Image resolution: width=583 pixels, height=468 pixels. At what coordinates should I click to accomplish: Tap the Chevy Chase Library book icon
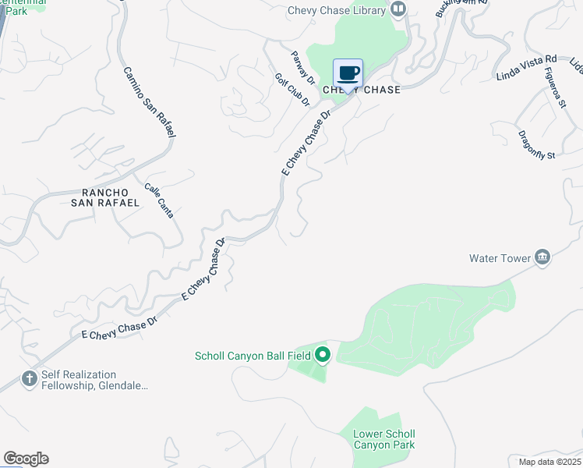click(x=399, y=9)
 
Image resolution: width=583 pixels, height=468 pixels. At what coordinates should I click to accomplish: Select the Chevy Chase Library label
click(x=337, y=10)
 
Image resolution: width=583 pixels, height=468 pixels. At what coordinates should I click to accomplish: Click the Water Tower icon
click(x=542, y=257)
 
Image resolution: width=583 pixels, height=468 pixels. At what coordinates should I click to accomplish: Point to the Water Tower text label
click(x=500, y=258)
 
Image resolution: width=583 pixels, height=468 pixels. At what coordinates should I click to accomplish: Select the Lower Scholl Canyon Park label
click(x=384, y=440)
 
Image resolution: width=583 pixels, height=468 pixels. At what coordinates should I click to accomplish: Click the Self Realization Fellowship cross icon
click(x=30, y=379)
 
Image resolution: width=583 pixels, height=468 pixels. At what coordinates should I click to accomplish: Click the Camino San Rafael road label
click(x=149, y=103)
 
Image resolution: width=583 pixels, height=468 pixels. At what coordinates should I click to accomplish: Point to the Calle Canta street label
click(x=159, y=200)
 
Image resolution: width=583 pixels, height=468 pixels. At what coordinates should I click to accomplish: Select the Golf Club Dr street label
click(x=292, y=90)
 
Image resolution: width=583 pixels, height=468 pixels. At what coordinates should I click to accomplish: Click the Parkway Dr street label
click(x=303, y=68)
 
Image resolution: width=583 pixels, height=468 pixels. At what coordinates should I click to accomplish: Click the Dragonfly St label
click(x=536, y=144)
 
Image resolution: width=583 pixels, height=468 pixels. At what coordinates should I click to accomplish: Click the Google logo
click(x=26, y=459)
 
